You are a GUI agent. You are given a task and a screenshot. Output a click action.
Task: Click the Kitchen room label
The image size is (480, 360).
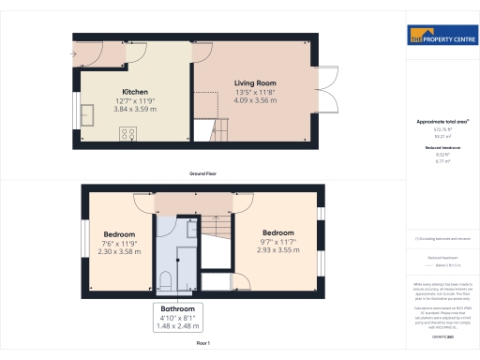pos(135,92)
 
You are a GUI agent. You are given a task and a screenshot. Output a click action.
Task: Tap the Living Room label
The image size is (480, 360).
pos(254,83)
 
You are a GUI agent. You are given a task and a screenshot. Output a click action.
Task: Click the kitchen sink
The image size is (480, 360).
pos(91,115)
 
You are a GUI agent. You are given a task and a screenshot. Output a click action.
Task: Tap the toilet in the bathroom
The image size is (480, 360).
pos(165,279)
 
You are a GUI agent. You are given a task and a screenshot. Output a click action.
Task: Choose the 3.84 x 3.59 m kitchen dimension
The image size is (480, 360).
pos(135,109)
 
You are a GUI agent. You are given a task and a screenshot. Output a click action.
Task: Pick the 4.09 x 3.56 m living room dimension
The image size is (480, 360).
pos(254,100)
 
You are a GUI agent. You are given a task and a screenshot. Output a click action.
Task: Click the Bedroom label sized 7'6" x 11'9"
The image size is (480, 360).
pos(119,233)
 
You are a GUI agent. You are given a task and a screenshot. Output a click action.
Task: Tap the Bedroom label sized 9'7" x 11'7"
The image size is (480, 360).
pos(278,232)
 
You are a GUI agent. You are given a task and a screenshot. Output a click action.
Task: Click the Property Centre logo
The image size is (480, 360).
pos(441,37)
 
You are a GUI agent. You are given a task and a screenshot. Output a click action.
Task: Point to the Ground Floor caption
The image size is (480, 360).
pos(202,174)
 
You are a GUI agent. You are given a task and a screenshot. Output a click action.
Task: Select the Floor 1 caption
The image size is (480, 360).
pos(202,344)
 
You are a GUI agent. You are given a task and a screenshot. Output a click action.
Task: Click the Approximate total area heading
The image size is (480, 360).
pos(441,122)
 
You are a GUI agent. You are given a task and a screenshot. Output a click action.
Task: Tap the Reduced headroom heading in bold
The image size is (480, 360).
pos(441,148)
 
